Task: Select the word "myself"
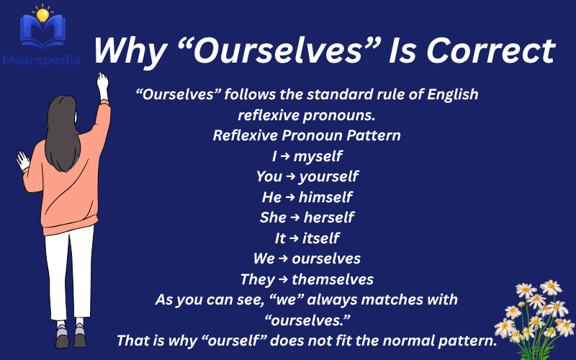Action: point(318,156)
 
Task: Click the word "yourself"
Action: point(328,176)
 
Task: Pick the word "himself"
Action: point(325,197)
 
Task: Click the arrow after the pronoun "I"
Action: point(285,156)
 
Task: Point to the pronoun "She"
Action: point(273,217)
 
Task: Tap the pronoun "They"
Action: point(257,279)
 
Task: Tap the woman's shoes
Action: point(71,334)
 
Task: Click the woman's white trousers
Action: point(69,274)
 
